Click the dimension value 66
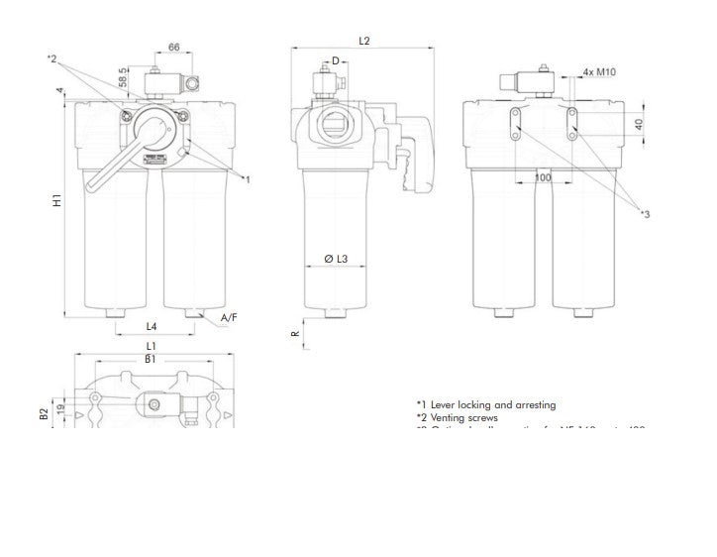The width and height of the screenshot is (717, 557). [173, 47]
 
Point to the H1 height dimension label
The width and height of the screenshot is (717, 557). [56, 201]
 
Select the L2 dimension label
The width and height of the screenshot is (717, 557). [363, 41]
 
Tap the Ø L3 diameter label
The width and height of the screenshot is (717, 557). [336, 259]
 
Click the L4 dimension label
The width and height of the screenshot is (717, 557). [152, 325]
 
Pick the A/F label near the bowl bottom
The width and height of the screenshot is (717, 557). [229, 317]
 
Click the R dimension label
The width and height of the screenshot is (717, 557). [294, 334]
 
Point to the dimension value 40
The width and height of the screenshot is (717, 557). [639, 125]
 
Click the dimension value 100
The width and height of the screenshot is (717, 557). [542, 177]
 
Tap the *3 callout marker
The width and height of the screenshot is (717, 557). [645, 213]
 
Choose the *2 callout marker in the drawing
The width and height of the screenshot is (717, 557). [53, 59]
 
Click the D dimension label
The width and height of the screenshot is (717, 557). [336, 61]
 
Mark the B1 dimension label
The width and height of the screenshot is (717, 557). [151, 359]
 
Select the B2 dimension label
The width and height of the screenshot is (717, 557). [44, 413]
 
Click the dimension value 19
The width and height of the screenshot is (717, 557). [59, 407]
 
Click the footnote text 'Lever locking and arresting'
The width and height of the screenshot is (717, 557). [492, 404]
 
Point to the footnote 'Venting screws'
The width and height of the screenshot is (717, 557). [463, 418]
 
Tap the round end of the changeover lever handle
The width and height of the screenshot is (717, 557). [93, 184]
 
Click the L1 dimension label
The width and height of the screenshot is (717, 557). [151, 346]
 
